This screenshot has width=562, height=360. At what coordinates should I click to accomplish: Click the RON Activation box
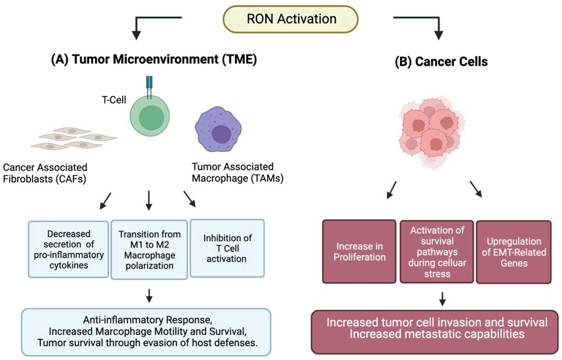coord(290,19)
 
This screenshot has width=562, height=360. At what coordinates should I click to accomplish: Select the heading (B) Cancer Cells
coord(441,62)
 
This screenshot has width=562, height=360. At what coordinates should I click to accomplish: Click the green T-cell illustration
coord(150,117)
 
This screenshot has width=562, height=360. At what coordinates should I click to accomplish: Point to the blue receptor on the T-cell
coord(149,83)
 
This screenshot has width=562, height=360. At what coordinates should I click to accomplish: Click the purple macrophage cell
coord(218,129)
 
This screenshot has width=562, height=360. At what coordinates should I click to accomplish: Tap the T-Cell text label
coord(114,100)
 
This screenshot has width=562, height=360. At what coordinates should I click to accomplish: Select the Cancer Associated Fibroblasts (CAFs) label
coord(45,173)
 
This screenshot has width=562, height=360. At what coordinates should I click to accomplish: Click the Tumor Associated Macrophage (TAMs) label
coord(237,172)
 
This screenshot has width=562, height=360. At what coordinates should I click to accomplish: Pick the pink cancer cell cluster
coord(431,132)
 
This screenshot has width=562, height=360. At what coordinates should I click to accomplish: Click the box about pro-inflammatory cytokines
coord(69,249)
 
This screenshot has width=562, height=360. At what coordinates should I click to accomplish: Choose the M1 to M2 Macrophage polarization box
coord(149,250)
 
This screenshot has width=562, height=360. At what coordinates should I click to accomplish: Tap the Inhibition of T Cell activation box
coord(227,248)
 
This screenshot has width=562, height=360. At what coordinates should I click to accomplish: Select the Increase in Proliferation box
coord(359,252)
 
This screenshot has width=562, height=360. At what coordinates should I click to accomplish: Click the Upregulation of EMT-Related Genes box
coord(514,252)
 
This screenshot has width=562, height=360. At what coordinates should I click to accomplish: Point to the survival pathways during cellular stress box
coord(437,252)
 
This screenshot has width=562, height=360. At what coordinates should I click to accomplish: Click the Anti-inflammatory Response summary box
coord(146,332)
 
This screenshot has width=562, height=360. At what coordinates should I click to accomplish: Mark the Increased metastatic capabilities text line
coord(436,334)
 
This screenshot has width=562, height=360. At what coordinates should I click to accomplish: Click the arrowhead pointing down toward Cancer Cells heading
coord(439,35)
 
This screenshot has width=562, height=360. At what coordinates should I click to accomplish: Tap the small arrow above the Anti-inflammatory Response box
coord(149,296)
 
